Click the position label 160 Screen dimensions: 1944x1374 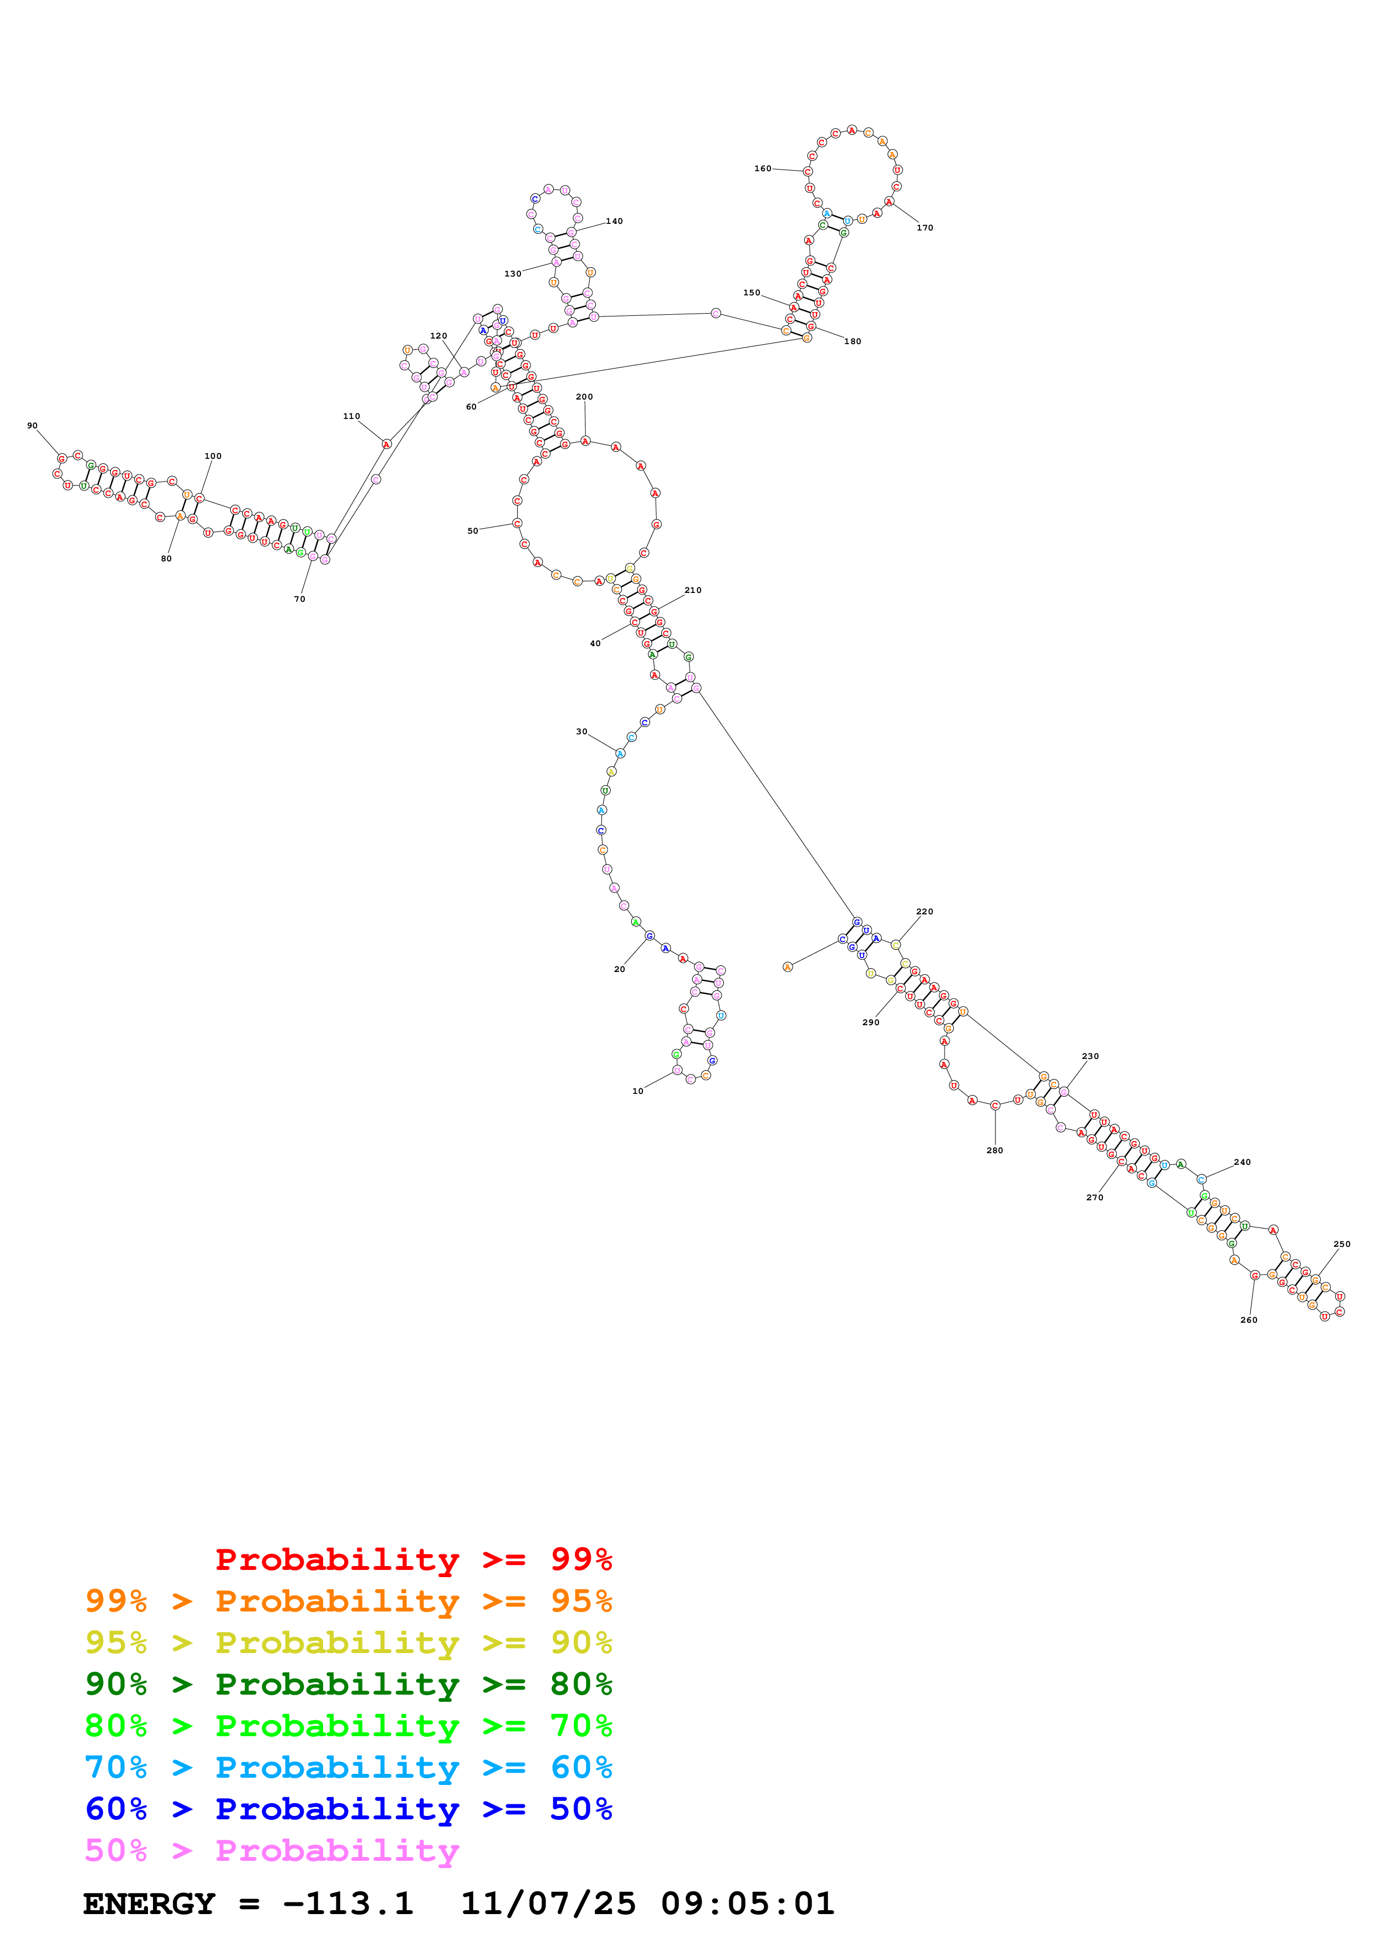(x=762, y=168)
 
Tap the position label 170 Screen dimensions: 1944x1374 (x=924, y=228)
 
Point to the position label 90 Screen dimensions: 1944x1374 (x=32, y=426)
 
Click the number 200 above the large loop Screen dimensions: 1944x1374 (x=584, y=396)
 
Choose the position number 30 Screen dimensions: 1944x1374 (x=581, y=731)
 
